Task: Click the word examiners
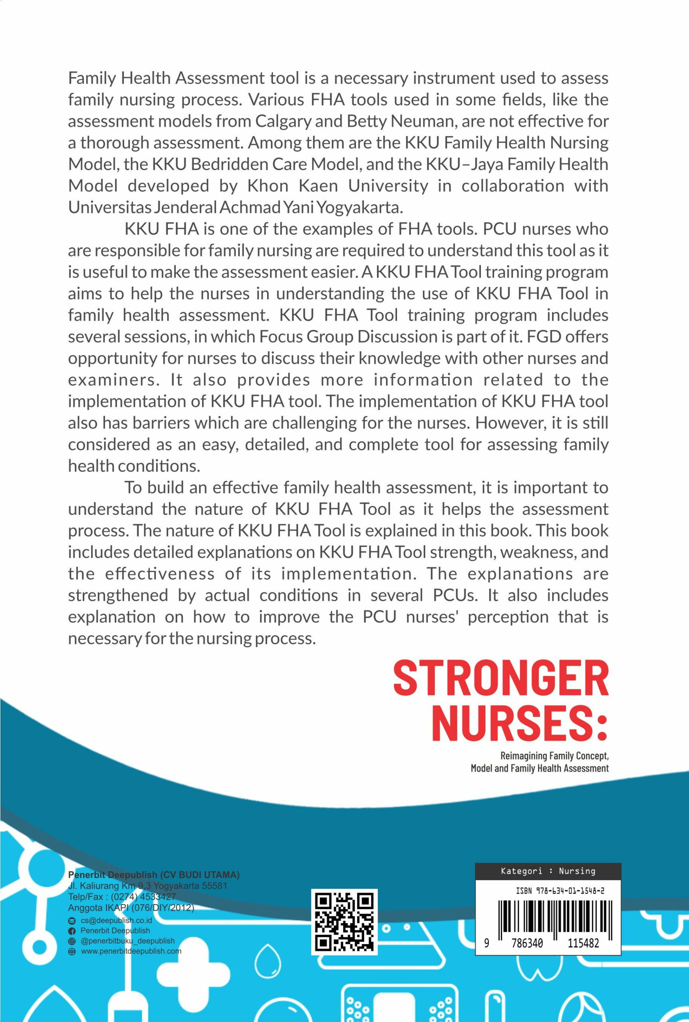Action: click(113, 380)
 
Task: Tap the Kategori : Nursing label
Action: click(548, 871)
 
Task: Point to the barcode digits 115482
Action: click(583, 943)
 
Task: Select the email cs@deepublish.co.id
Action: click(116, 920)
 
